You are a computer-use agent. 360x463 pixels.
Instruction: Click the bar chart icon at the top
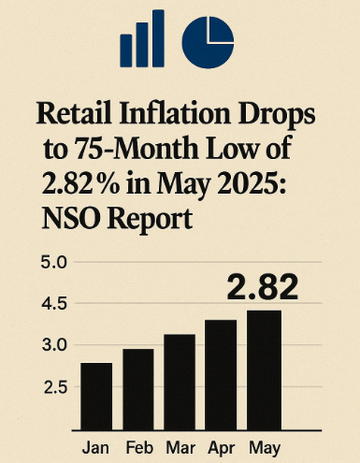pos(142,38)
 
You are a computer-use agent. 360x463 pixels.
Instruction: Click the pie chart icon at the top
pos(207,38)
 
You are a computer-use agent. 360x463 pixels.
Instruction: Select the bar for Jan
pos(96,395)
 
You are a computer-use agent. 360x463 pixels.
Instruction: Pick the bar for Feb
pos(138,388)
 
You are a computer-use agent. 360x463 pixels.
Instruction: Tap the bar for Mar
pos(180,381)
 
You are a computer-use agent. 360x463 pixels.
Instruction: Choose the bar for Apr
pos(222,374)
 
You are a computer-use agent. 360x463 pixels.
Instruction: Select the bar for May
pos(264,369)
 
